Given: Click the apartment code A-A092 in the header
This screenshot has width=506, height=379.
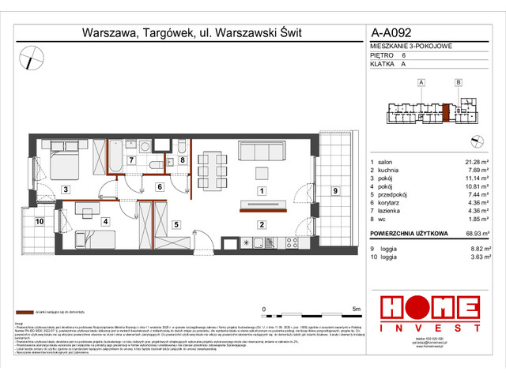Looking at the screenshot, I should click(x=391, y=33).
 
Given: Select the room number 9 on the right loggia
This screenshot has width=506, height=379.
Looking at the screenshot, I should click(x=334, y=190).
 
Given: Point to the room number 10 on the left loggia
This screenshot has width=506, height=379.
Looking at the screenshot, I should click(x=39, y=222).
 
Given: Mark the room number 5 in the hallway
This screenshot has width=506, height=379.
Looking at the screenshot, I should click(x=176, y=223).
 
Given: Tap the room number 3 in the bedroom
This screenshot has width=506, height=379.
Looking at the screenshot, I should click(x=66, y=189).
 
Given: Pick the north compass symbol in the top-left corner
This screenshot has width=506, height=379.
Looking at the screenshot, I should click(x=34, y=57).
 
